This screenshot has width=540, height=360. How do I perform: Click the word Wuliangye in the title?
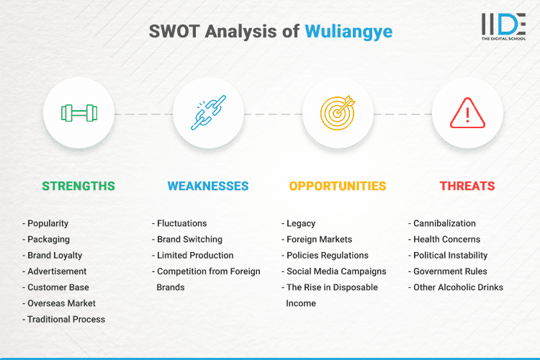(348, 32)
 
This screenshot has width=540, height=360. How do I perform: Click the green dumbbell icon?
(78, 113)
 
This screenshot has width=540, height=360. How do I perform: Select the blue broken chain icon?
(208, 113)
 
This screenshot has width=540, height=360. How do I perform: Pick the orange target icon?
(338, 113)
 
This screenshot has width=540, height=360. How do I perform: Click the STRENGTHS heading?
(78, 186)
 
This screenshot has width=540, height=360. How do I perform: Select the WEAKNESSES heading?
(208, 186)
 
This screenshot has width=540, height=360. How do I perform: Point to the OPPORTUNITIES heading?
(338, 186)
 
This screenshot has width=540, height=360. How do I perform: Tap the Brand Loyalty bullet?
(55, 256)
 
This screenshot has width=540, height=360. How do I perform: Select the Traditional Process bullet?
(66, 319)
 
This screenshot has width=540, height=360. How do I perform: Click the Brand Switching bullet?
(189, 240)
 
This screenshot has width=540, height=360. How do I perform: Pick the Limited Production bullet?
(194, 256)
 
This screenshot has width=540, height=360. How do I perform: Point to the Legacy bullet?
(301, 224)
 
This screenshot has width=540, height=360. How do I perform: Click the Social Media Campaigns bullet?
(336, 271)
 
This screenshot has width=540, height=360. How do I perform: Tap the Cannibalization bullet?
(444, 224)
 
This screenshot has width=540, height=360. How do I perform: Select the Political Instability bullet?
(450, 256)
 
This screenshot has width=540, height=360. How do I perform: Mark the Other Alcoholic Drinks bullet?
(458, 287)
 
